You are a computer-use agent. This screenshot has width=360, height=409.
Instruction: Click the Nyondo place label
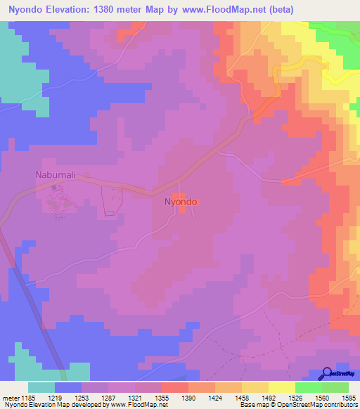point(181,202)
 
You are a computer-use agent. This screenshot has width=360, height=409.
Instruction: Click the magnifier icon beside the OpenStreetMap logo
point(328,373)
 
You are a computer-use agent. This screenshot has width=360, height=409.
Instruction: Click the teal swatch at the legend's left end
point(41,387)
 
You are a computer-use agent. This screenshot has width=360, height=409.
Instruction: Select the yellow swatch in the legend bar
point(282,387)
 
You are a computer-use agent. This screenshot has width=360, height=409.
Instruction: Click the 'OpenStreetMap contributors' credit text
point(323,405)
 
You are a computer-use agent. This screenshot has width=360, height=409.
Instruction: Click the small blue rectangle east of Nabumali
point(108,213)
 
